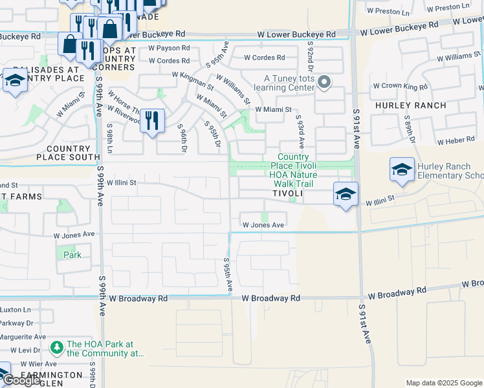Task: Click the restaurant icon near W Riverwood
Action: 152,120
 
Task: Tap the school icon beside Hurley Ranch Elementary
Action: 402,170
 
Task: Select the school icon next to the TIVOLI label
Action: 346,193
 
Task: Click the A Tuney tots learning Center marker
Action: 325,82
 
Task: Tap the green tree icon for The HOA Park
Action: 57,348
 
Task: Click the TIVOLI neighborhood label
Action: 287,194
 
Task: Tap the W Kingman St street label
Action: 193,80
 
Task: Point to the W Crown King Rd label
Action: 401,86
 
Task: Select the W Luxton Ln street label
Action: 16,310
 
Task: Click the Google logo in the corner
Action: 21,380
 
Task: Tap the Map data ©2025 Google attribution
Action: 444,383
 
